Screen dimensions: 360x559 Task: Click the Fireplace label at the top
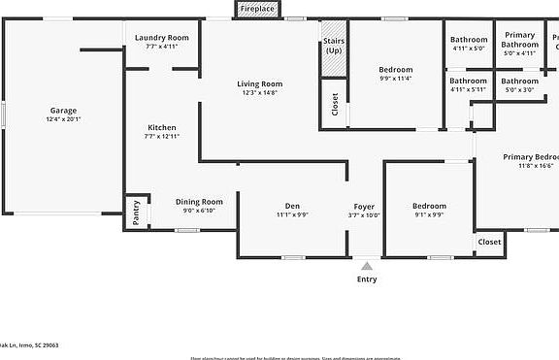coord(257,9)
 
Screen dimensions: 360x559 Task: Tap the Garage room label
coord(63,110)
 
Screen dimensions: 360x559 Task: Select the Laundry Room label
coord(162,37)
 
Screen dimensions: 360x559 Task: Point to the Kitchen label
coord(162,128)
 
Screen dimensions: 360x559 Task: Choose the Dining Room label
coord(199,202)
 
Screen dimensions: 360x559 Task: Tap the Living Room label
coord(259,83)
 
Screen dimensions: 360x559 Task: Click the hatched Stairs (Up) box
coord(334,54)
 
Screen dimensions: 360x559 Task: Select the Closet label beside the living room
coord(335,105)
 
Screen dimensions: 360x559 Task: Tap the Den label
coord(292,206)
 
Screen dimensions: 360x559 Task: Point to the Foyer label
coord(364,206)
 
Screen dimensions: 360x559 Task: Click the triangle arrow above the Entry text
coord(366,263)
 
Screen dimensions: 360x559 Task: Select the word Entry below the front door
coord(367,279)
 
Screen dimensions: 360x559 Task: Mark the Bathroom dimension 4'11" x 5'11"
coord(468,89)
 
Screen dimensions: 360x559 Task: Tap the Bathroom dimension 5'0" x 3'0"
coord(519,89)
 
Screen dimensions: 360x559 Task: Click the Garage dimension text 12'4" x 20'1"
coord(63,119)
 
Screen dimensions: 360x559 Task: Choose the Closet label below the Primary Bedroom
coord(490,242)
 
